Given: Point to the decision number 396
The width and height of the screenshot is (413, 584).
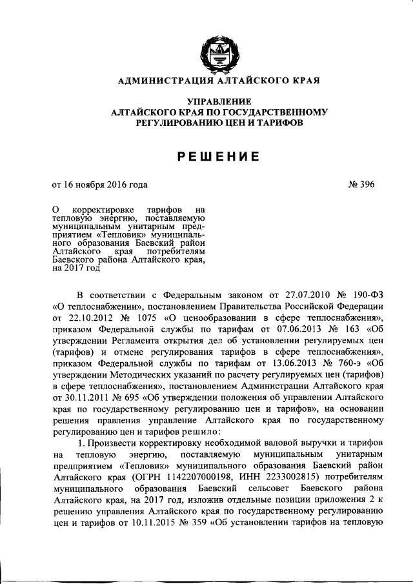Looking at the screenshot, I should (365, 185).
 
